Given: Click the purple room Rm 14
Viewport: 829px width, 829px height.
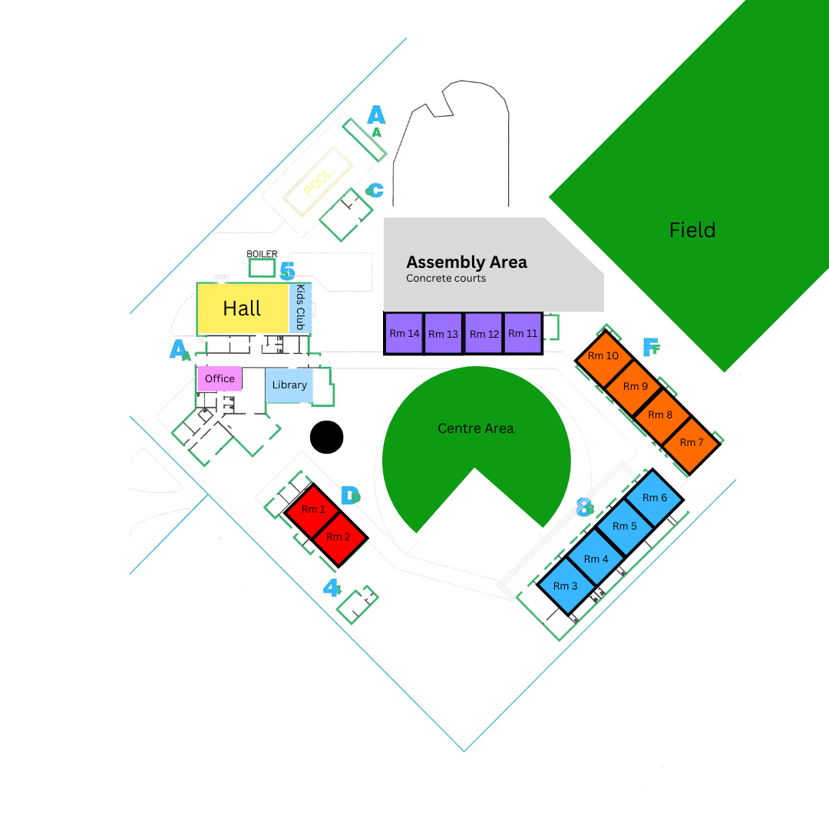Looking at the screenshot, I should point(404,333).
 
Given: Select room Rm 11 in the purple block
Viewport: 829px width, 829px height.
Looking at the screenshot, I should point(523,333).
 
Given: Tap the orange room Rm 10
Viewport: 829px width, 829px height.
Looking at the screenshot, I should point(603,357).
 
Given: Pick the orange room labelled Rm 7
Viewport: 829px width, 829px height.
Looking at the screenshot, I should point(691,444).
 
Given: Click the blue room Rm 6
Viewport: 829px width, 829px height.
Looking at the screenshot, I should point(653,497).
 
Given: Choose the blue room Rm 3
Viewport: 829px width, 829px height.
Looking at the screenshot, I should point(566,586).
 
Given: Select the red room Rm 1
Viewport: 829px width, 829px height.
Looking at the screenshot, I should point(313,510).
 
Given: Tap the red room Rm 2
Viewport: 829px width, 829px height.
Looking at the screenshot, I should point(339,537).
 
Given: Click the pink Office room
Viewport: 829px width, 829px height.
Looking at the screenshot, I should point(220,378).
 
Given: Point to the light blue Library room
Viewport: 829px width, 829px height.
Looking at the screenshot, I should point(289,385).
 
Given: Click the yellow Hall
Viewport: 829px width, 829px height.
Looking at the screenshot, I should point(243,309).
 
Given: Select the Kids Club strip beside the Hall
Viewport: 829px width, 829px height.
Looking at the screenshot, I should point(300,309).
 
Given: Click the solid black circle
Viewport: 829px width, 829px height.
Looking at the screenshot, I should point(326,438).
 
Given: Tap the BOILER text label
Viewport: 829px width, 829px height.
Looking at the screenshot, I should point(262,254).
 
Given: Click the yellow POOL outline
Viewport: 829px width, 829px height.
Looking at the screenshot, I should point(318,181).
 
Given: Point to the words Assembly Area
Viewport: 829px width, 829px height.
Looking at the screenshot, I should point(467,263).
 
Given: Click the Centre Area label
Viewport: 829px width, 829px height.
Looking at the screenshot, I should point(476,428).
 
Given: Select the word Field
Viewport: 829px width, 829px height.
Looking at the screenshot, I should point(692,230).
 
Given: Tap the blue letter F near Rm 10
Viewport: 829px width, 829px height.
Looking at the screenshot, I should point(650,348).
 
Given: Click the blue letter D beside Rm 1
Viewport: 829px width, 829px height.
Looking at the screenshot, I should point(349,496).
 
